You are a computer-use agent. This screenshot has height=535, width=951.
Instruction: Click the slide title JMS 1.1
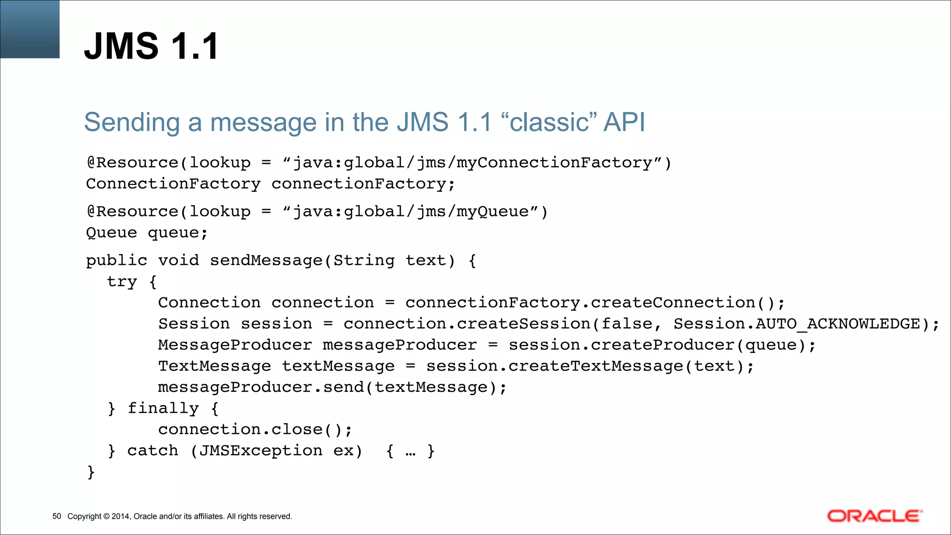point(151,46)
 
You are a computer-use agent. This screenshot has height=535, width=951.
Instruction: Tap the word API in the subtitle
point(624,123)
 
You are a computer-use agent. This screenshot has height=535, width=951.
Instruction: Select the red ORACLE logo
point(874,516)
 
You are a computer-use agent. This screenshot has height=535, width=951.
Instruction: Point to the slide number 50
point(57,516)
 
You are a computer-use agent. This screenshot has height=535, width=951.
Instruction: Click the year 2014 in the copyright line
point(120,516)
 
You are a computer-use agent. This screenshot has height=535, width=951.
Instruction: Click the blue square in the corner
point(30,29)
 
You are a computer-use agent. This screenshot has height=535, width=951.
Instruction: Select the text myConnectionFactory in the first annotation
point(554,163)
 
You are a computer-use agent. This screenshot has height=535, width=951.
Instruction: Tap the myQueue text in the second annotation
point(492,212)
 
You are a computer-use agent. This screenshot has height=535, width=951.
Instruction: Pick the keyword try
point(122,282)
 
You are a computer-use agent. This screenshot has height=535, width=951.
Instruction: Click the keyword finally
point(163,408)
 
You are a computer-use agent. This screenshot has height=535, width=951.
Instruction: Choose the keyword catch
point(152,450)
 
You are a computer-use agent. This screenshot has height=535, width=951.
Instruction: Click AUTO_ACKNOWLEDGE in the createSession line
point(838,324)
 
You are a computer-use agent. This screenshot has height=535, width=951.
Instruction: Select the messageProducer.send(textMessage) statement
point(332,387)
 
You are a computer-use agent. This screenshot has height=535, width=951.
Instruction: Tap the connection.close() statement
point(254,430)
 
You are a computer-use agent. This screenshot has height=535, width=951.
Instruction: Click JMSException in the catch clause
point(261,450)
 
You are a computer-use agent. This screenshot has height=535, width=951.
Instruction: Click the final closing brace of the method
point(91,472)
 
